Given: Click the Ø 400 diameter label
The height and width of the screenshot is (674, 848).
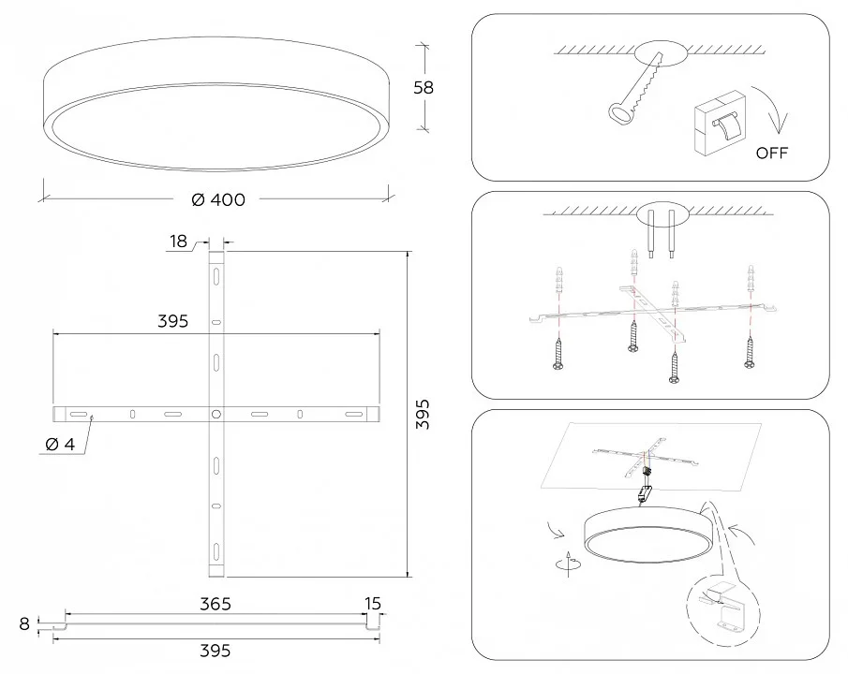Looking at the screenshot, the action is click(218, 199).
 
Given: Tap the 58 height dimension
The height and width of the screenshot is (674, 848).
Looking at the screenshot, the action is click(424, 88).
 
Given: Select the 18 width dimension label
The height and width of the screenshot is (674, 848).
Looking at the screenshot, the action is click(178, 242).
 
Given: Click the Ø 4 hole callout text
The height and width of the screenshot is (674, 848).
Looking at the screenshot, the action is click(61, 445).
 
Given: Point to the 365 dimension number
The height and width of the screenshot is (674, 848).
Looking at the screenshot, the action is click(216, 604).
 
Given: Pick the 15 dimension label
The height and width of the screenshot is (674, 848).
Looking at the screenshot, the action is click(373, 603).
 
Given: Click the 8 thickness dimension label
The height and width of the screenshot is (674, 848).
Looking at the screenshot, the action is click(24, 623).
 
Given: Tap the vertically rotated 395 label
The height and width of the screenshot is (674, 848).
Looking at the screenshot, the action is click(423, 414).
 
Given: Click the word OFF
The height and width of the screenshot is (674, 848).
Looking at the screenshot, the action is click(772, 153).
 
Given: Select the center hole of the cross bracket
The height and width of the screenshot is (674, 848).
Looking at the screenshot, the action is click(216, 415).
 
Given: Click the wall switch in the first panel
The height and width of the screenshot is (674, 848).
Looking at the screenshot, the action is click(720, 124).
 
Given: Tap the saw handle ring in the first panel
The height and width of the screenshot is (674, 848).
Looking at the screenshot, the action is click(619, 112).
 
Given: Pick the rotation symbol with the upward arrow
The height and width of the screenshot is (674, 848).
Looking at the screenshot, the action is click(569, 564).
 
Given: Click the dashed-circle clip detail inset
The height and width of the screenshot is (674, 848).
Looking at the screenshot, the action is click(722, 613).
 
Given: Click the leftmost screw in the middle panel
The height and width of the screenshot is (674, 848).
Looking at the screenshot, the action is click(558, 353).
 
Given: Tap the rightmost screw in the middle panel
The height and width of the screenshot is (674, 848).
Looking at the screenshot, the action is click(750, 352).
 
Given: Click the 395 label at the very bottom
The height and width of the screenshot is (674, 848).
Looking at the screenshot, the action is click(216, 651).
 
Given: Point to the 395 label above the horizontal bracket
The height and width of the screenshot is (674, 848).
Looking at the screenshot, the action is click(173, 321).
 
